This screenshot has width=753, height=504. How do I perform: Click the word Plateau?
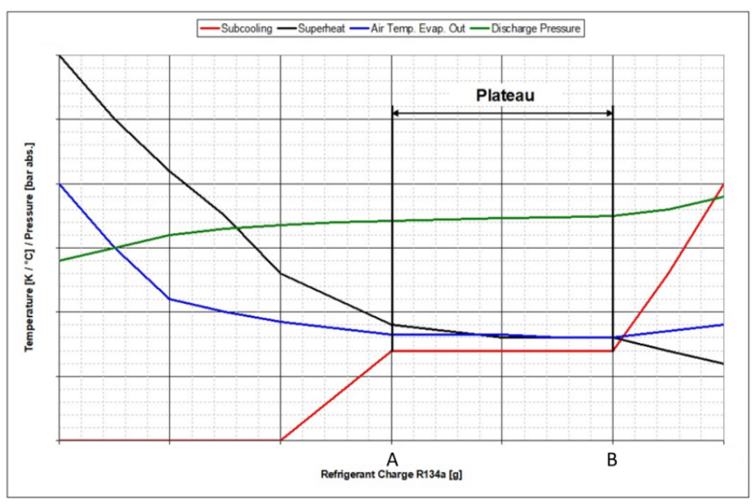(505, 96)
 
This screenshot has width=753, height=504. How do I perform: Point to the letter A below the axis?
(392, 459)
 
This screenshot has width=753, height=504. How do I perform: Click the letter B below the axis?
(612, 459)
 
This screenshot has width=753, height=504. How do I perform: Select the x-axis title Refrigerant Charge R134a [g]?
(391, 475)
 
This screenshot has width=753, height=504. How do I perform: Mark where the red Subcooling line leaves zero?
(280, 441)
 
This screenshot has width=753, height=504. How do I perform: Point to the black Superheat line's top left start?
(60, 54)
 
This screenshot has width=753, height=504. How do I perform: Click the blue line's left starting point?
(60, 184)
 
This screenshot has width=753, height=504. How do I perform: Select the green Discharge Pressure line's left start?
(60, 261)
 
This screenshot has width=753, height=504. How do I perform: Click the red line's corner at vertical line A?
(392, 351)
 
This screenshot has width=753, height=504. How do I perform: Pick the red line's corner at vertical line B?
(613, 351)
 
